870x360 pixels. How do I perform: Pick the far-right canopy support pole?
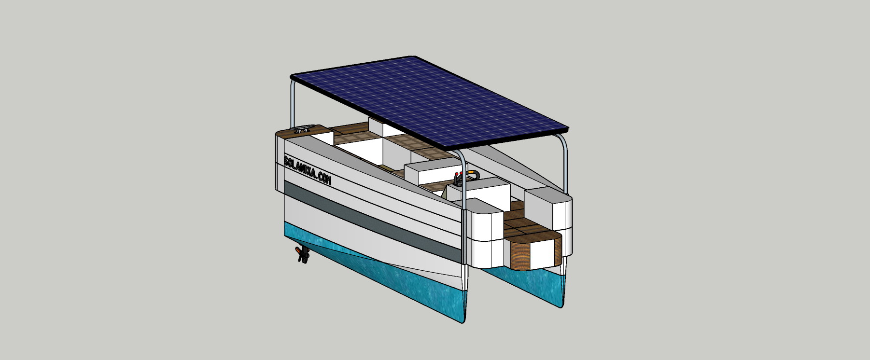tap(563, 164)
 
